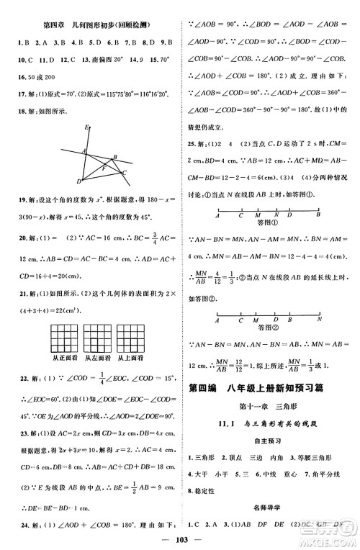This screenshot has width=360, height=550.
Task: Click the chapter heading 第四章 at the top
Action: [x=50, y=24]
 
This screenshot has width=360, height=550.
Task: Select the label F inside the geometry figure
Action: [x=103, y=167]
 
